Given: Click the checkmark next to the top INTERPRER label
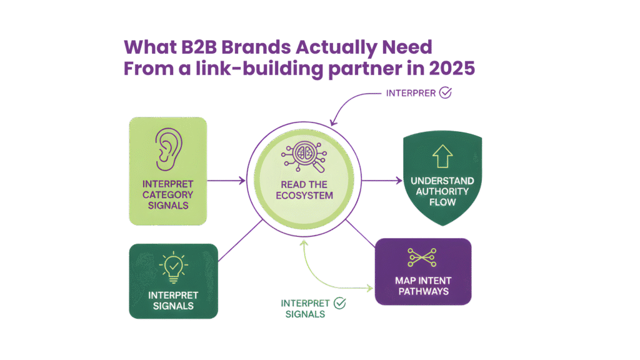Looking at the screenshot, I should pyautogui.click(x=446, y=93).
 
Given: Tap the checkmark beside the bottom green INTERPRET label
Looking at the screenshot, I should pyautogui.click(x=339, y=303).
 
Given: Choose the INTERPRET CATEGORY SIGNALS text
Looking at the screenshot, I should pyautogui.click(x=167, y=195).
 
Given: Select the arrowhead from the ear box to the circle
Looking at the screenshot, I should pyautogui.click(x=242, y=182).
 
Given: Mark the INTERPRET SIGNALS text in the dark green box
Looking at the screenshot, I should pyautogui.click(x=173, y=300).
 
